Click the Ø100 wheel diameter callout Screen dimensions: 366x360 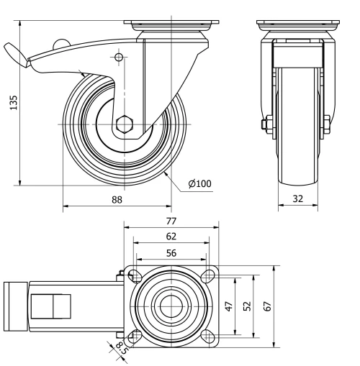(x=199, y=184)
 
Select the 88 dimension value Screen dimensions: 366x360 (x=116, y=200)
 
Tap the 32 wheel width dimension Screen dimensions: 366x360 (x=298, y=200)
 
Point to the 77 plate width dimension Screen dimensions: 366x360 (x=171, y=221)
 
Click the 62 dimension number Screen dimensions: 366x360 (x=171, y=235)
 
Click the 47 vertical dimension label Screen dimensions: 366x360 (x=230, y=305)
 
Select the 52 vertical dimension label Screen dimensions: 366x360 (x=247, y=305)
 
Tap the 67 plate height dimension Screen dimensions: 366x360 (x=267, y=305)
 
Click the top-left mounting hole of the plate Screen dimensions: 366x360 (x=133, y=274)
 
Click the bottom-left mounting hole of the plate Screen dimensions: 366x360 (x=133, y=336)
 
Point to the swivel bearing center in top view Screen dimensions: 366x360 (x=171, y=305)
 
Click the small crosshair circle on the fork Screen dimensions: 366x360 (x=120, y=57)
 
